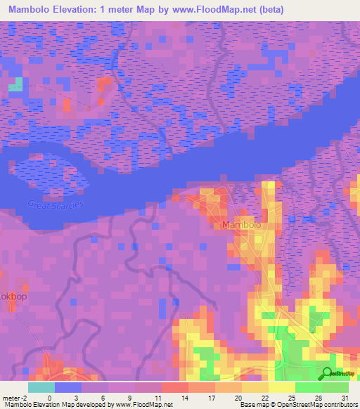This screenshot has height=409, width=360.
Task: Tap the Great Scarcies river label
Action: tap(56, 204)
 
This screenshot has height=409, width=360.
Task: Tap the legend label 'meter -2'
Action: tap(15, 398)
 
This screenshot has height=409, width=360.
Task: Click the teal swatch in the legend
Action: tap(41, 387)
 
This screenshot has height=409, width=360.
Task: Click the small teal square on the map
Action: tap(15, 85)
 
